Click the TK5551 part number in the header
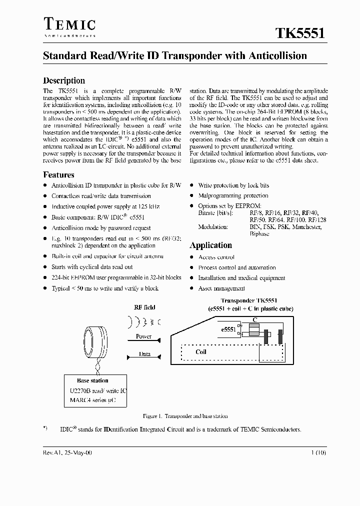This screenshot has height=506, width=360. [301, 33]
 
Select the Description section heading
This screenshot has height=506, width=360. [64, 80]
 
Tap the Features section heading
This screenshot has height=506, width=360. [58, 175]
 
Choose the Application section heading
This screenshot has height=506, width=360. [210, 245]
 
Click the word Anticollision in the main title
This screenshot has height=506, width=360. [277, 56]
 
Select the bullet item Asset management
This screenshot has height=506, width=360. [221, 288]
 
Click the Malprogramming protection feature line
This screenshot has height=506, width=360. [233, 195]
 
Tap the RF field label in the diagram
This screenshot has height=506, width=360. [144, 307]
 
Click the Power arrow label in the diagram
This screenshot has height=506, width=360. [143, 336]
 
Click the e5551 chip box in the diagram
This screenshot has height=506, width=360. [228, 329]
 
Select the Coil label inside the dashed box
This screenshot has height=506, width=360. [200, 352]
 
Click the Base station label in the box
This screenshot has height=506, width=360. [92, 380]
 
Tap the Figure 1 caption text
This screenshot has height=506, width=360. [185, 416]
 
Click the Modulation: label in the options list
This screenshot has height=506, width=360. [213, 227]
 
